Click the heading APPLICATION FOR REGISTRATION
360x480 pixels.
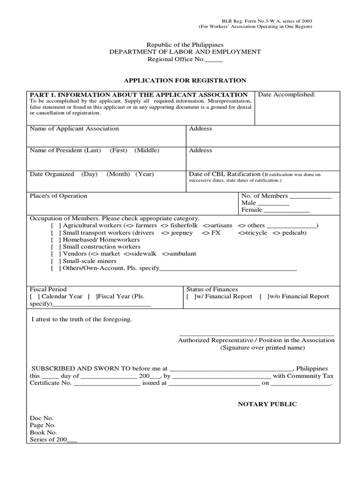185,80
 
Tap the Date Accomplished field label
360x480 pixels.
287,95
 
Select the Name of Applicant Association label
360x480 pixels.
74,128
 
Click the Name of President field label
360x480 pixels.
65,150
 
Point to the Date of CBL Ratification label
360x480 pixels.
224,174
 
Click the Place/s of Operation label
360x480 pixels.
59,196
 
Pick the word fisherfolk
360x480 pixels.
185,225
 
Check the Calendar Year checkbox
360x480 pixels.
34,296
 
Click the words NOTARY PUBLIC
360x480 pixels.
267,404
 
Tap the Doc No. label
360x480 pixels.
42,418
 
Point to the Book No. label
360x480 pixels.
43,432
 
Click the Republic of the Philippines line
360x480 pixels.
185,44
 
